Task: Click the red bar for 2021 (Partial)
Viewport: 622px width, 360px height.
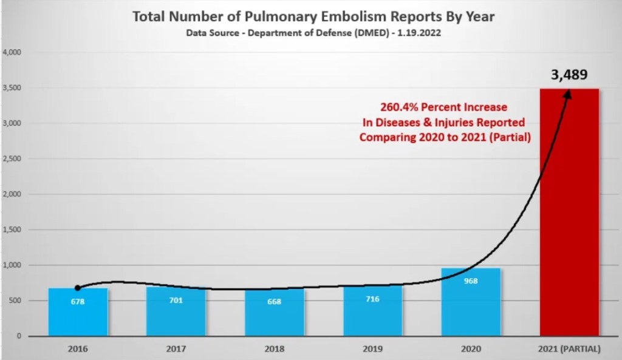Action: pos(569,212)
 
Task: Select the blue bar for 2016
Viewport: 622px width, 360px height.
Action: pos(78,312)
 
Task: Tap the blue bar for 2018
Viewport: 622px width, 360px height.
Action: pos(275,313)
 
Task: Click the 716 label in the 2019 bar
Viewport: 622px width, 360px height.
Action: pos(372,299)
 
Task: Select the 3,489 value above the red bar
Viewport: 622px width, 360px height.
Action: pos(569,75)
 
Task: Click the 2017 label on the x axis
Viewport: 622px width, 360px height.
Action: pos(176,349)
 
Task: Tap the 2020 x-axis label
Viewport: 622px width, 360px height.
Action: pos(471,349)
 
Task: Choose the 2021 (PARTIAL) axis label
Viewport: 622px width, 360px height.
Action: pos(569,349)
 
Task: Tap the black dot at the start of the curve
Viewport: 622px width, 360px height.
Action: pos(78,287)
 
